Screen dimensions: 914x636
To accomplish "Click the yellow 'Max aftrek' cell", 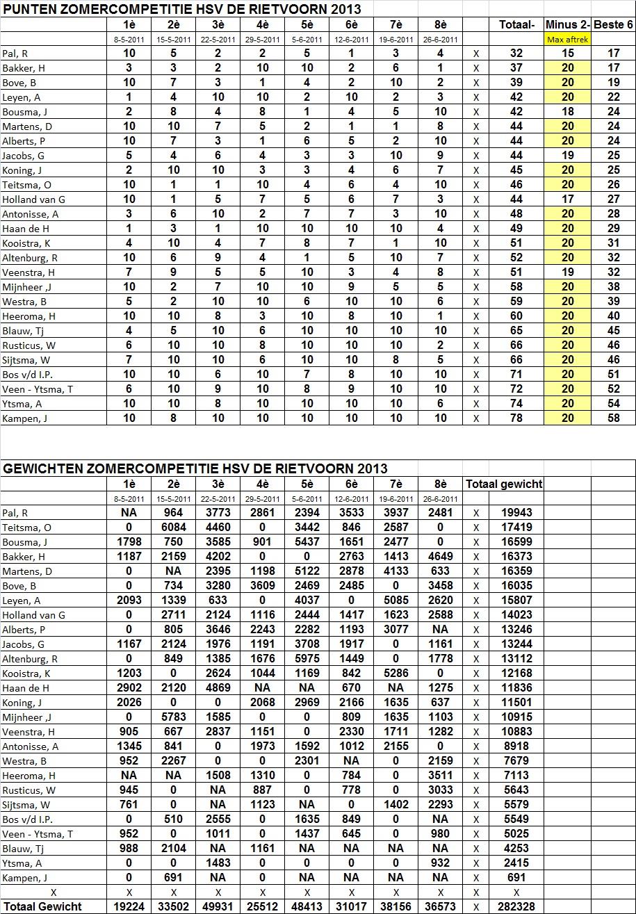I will pos(567,40).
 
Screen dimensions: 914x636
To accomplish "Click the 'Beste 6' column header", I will pos(613,24).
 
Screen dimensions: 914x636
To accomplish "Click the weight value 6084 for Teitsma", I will pos(174,528).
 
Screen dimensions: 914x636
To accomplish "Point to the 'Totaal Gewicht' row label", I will pos(42,906).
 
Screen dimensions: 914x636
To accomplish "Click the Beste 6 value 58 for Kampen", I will pos(613,418).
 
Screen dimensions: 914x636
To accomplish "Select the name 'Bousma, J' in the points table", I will pos(24,112).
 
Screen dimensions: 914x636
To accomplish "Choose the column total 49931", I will pos(218,906).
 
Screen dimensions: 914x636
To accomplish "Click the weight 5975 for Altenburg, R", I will pos(307,659).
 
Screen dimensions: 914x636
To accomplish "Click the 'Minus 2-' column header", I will pos(567,24).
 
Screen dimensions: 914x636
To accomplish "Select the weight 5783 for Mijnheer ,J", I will pos(174,717).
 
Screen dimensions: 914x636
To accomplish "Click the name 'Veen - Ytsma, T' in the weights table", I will pos(38,834).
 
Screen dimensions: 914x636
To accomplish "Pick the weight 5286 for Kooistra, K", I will pos(396,674).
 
